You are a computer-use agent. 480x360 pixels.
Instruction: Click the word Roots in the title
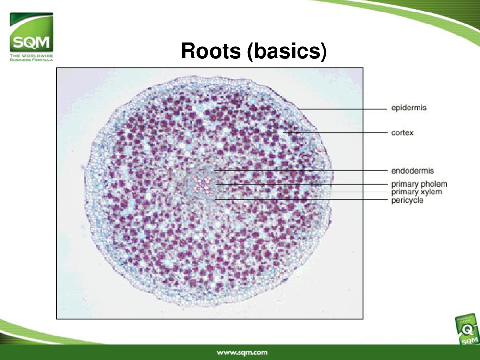pyautogui.click(x=211, y=50)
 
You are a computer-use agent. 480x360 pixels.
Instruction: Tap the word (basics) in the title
pyautogui.click(x=287, y=51)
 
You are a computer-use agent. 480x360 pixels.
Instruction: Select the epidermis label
pyautogui.click(x=408, y=108)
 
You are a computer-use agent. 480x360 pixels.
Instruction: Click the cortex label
pyautogui.click(x=402, y=133)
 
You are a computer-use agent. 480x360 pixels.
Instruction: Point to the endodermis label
pyautogui.click(x=412, y=171)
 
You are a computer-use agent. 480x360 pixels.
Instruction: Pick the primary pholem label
pyautogui.click(x=419, y=184)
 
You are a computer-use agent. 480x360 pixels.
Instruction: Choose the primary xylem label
pyautogui.click(x=416, y=192)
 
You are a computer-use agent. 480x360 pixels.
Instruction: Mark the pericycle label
pyautogui.click(x=407, y=200)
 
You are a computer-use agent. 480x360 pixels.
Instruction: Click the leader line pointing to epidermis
pyautogui.click(x=342, y=109)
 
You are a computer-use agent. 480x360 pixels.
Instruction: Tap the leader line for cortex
pyautogui.click(x=335, y=133)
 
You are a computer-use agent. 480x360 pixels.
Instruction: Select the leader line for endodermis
pyautogui.click(x=300, y=170)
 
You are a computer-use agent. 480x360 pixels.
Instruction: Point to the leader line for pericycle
pyautogui.click(x=301, y=200)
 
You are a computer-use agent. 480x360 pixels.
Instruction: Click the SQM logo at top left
pyautogui.click(x=31, y=37)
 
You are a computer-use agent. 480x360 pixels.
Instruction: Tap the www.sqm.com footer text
pyautogui.click(x=242, y=353)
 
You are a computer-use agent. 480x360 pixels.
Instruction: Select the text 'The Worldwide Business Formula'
pyautogui.click(x=31, y=58)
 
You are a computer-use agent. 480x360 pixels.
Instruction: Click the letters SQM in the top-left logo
pyautogui.click(x=31, y=42)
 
